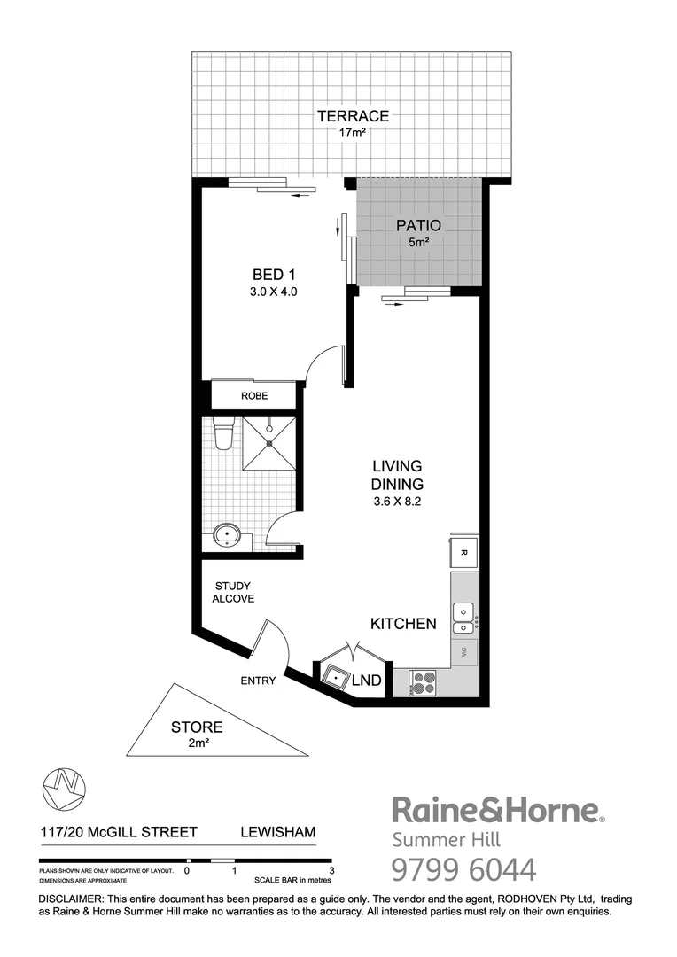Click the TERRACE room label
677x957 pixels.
(x=354, y=115)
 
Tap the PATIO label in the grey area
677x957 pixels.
(x=418, y=225)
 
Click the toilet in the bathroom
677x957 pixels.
(x=224, y=434)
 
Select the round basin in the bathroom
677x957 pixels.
(x=228, y=534)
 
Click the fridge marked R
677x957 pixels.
(x=464, y=552)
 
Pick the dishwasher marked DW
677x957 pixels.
(x=464, y=654)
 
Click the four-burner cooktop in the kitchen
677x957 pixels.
(x=423, y=682)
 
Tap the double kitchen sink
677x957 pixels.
(x=463, y=619)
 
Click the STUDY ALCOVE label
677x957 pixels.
(x=233, y=592)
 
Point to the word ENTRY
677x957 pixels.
(x=258, y=681)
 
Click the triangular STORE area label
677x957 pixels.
(x=197, y=735)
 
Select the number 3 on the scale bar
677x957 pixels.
(x=331, y=870)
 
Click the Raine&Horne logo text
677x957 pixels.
(x=497, y=810)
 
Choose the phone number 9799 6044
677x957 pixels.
(x=463, y=870)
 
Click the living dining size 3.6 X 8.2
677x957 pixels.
(x=398, y=502)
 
